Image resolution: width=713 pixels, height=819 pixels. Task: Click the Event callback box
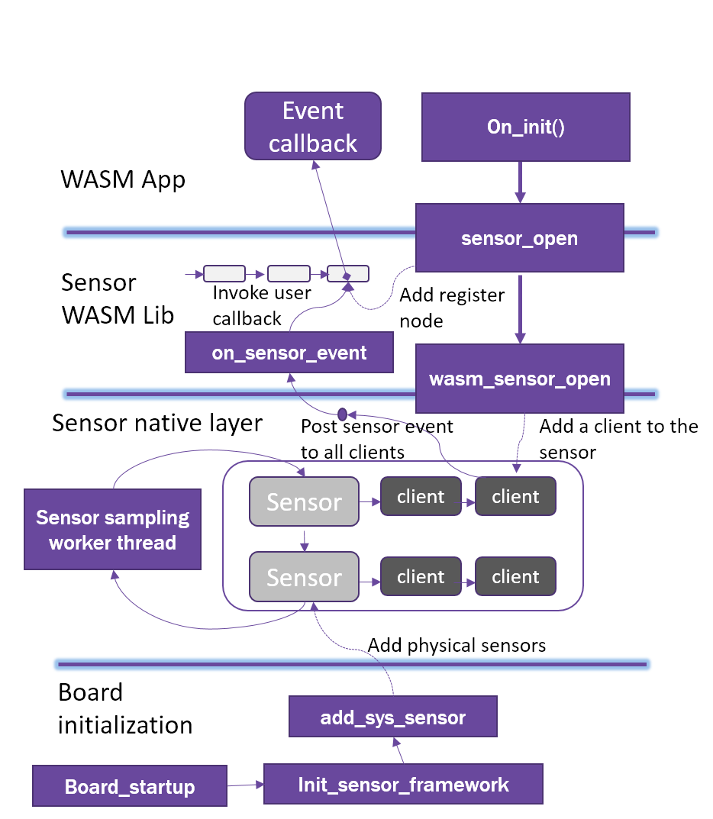tap(313, 127)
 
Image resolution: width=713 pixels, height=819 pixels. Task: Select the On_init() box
tap(526, 127)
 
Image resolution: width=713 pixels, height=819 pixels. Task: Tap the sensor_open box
tap(520, 238)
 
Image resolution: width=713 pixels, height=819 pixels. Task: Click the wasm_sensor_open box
tap(520, 379)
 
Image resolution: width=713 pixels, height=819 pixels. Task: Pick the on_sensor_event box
tap(289, 353)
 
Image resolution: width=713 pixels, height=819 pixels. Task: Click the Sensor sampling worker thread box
tap(112, 530)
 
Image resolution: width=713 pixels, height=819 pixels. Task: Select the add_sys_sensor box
tap(392, 717)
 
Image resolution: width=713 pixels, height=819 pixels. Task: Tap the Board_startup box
tap(130, 786)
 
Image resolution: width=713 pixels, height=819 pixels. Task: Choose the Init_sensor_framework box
tap(403, 785)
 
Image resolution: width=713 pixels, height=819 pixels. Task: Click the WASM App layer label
tap(123, 180)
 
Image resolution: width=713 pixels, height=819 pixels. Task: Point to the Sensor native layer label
tap(157, 423)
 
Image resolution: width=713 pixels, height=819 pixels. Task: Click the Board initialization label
tap(125, 708)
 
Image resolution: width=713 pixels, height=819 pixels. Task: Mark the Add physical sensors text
tap(457, 646)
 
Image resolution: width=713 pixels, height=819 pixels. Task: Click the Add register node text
tap(452, 307)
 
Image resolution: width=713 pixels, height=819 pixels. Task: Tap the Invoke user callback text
tap(261, 305)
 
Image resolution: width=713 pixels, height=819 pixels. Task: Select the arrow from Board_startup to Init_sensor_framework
tap(245, 784)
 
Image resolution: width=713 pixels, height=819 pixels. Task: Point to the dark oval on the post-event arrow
tap(343, 414)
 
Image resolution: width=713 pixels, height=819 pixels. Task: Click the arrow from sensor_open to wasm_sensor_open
tap(520, 308)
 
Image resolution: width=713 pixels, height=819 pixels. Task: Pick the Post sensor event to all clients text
tap(376, 439)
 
